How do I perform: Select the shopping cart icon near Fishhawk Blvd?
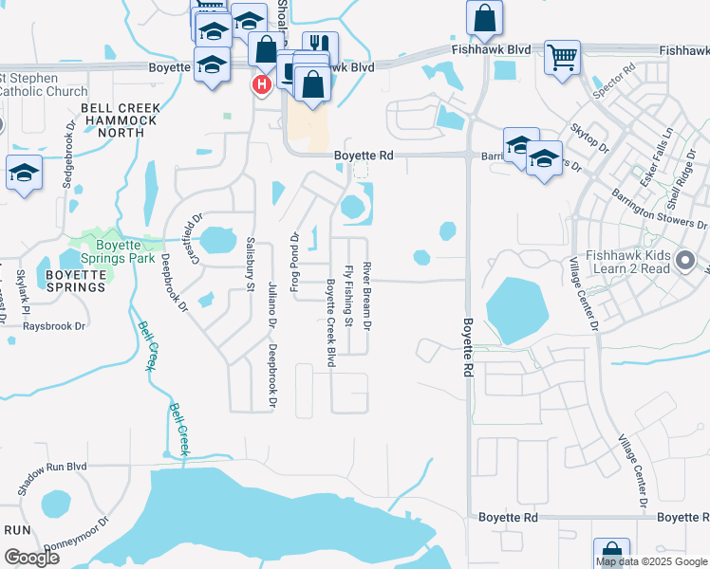pyautogui.click(x=562, y=56)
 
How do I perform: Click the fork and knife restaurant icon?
pyautogui.click(x=320, y=46)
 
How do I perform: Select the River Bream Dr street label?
pyautogui.click(x=366, y=297)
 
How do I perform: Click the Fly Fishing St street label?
pyautogui.click(x=349, y=297)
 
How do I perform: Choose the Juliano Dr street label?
pyautogui.click(x=271, y=308)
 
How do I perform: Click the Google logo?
pyautogui.click(x=31, y=558)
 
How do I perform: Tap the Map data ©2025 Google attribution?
pyautogui.click(x=652, y=561)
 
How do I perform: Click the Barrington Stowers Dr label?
pyautogui.click(x=662, y=207)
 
